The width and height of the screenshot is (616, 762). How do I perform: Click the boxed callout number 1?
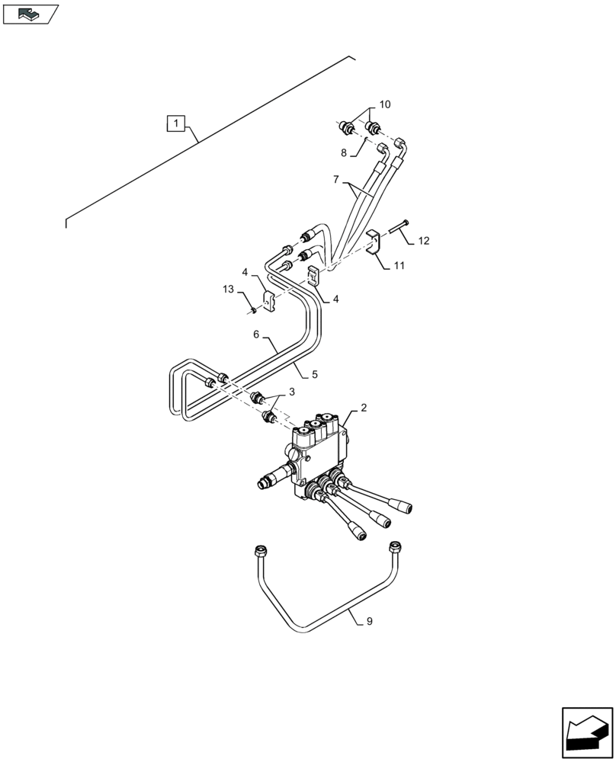(176, 123)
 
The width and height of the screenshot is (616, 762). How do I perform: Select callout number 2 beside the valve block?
(364, 408)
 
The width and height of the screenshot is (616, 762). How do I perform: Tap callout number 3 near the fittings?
(290, 392)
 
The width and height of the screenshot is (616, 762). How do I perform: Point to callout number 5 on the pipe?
(313, 374)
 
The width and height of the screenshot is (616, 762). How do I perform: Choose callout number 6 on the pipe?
(257, 334)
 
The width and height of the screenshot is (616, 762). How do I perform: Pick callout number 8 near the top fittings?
(344, 152)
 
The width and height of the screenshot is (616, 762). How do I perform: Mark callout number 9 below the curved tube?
(369, 622)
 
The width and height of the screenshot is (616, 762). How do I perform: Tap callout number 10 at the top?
(384, 104)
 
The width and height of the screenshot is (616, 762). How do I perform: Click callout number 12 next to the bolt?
(424, 241)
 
